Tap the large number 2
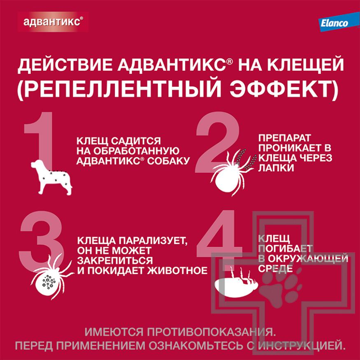click(x=218, y=142)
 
